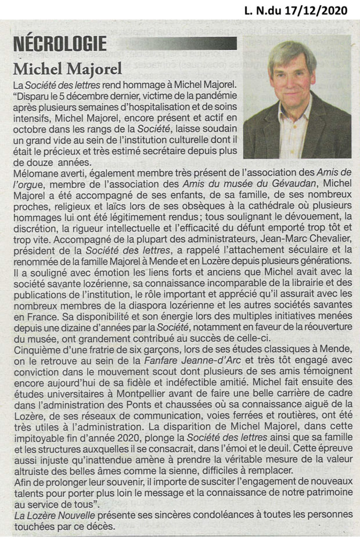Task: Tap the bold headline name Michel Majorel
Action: pyautogui.click(x=67, y=68)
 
